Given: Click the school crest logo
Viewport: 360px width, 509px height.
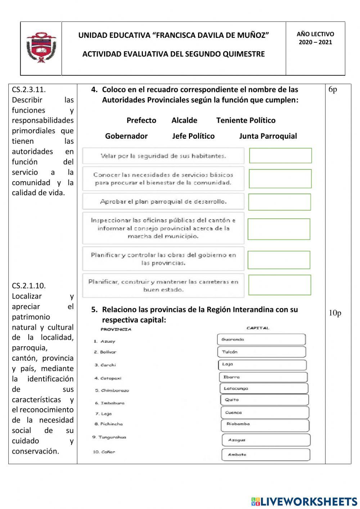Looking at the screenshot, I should [41, 48].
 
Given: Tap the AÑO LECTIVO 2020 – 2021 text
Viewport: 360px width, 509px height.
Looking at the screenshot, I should [315, 38].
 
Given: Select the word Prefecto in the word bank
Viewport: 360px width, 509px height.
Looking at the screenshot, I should [141, 120].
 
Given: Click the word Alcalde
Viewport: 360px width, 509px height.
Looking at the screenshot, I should [184, 120].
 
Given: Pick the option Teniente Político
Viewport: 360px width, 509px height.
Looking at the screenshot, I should [246, 120].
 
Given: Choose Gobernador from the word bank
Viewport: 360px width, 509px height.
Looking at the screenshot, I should [126, 136].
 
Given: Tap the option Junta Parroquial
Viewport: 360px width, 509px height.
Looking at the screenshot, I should [268, 136].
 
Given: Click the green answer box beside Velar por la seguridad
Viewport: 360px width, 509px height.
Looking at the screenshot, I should [280, 156].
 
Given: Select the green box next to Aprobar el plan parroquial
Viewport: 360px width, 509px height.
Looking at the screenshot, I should [279, 202].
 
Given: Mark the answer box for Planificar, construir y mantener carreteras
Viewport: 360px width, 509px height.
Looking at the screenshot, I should [279, 285].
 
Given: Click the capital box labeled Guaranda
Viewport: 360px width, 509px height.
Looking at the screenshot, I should [261, 339].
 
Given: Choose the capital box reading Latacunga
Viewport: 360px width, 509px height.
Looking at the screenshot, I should [264, 388].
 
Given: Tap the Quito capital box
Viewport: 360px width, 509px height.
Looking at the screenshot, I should [264, 400].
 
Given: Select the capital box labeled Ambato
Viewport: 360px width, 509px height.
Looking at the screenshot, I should [266, 455].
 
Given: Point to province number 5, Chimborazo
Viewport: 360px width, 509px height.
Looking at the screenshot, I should [112, 390].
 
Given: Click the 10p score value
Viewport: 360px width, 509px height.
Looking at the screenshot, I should [335, 313].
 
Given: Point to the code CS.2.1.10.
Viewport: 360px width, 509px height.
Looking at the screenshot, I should [29, 286].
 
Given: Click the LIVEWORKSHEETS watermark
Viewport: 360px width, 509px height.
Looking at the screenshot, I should [304, 501].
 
